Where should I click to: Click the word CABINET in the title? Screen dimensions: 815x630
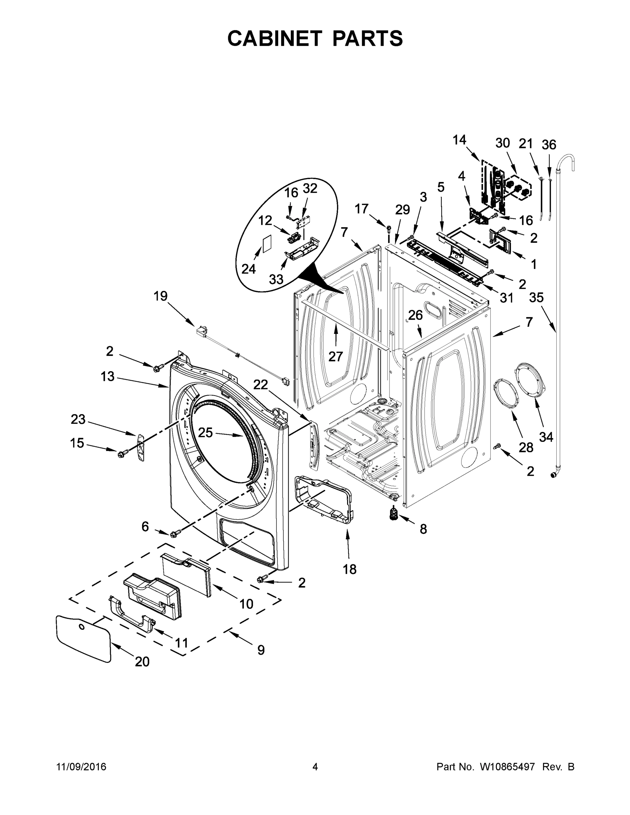275,38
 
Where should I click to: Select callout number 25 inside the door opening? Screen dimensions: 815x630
205,433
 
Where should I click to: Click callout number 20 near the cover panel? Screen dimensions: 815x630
142,662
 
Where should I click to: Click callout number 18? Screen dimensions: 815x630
350,569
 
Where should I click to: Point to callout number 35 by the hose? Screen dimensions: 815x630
536,297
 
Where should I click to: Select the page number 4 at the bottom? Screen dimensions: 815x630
315,767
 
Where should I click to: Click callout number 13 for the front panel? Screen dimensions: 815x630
107,376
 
